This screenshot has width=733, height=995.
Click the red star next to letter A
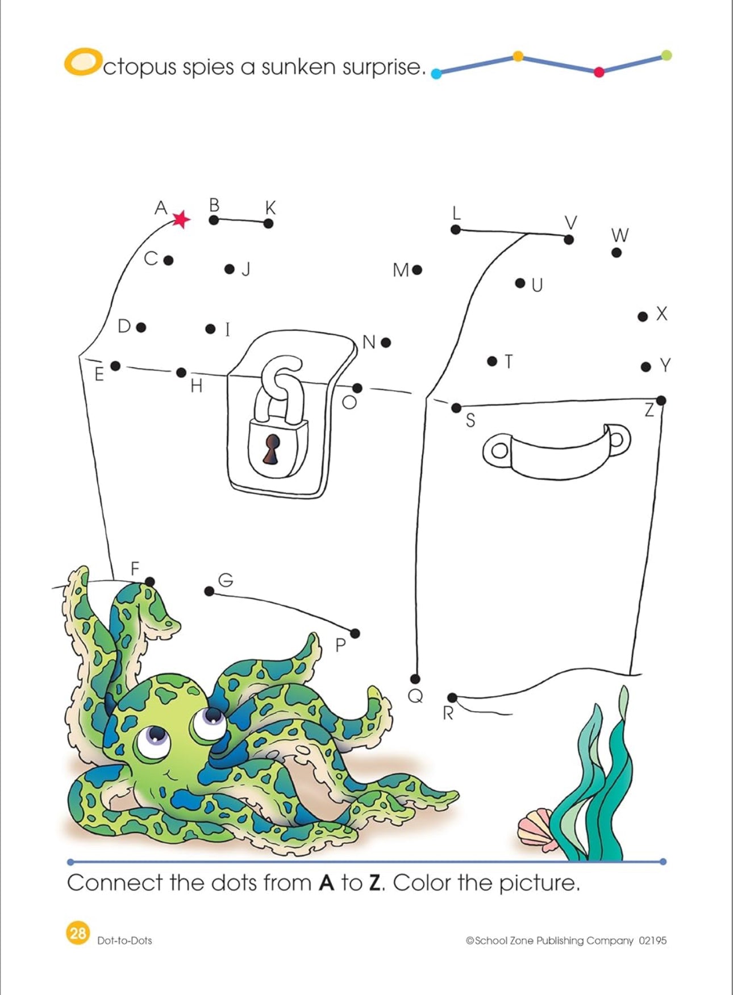181,219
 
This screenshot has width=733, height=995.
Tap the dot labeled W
617,253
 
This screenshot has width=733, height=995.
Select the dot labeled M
417,270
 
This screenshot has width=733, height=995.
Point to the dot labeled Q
415,679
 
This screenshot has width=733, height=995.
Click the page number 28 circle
77,933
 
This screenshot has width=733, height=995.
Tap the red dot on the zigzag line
599,72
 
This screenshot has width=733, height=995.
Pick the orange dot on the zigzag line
518,56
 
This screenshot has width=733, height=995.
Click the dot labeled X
643,316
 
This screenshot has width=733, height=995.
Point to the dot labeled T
492,361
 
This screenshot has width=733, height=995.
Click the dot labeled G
209,591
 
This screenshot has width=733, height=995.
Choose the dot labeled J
230,269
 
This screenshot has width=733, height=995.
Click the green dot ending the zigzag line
667,55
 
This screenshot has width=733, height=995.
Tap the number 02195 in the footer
652,940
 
